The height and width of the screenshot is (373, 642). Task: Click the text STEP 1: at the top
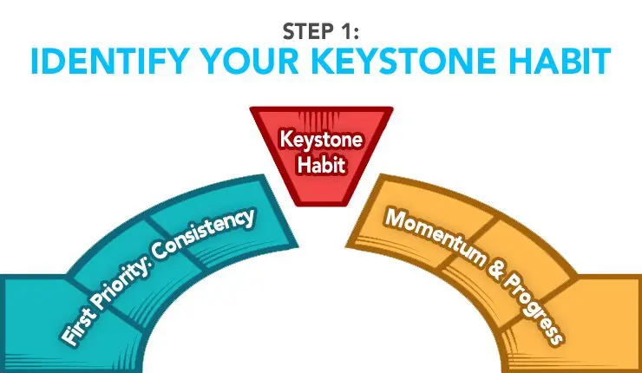pos(321,31)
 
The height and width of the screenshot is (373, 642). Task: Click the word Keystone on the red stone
pos(321,140)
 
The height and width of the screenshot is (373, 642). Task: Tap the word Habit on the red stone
pos(321,165)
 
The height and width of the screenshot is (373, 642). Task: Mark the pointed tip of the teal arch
pos(298,247)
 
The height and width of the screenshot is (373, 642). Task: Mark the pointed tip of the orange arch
pos(346,247)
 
